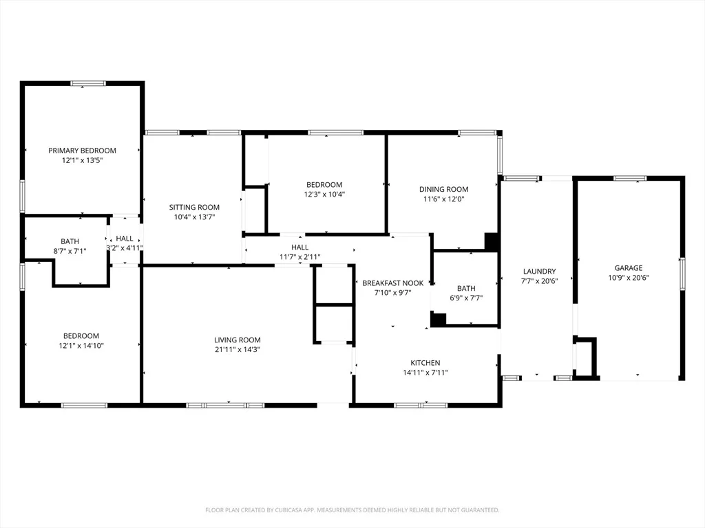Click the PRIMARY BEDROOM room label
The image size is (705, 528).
[x=83, y=151]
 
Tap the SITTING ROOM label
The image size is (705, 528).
[x=194, y=207]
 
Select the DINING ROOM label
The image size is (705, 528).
[x=444, y=189]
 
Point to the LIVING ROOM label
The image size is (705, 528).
[x=238, y=340]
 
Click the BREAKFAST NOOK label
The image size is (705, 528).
[x=393, y=283]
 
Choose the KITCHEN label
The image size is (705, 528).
[x=425, y=362]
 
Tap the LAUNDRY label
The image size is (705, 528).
[x=540, y=271]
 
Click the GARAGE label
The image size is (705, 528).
[x=629, y=267]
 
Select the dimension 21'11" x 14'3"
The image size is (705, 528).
[x=238, y=349]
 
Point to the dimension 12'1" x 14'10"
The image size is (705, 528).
[x=81, y=345]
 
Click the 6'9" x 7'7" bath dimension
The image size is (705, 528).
[x=466, y=298]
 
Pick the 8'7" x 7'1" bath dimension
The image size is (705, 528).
[x=70, y=251]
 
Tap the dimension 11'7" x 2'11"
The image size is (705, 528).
[x=300, y=257]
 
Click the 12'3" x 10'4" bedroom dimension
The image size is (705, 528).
[x=324, y=194]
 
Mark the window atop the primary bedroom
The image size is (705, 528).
[x=88, y=83]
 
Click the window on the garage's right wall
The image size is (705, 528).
[x=682, y=274]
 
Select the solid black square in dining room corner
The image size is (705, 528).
[x=492, y=241]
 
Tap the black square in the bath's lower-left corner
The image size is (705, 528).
[x=438, y=319]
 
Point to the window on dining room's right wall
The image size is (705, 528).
[x=500, y=155]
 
